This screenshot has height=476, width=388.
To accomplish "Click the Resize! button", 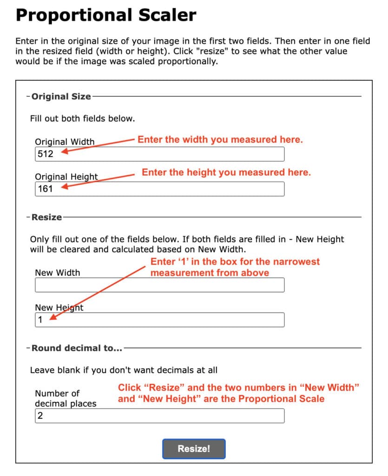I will [194, 449].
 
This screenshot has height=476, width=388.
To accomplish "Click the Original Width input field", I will [159, 154].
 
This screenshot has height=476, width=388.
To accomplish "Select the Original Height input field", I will [159, 189].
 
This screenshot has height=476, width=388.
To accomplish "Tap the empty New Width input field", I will [159, 285].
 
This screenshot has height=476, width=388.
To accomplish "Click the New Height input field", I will [159, 320].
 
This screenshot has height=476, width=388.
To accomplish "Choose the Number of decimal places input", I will [159, 416].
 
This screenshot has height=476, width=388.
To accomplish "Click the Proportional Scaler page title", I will [106, 16].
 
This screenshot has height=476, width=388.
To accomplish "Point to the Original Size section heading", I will [61, 97].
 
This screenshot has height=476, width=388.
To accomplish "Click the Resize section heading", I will [46, 217].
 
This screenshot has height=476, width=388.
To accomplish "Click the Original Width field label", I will [65, 142].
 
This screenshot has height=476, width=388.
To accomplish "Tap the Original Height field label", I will [66, 177].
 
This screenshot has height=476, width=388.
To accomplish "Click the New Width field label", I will [58, 273].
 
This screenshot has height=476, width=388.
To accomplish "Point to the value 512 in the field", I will [46, 154].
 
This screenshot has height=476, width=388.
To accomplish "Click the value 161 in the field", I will [46, 189].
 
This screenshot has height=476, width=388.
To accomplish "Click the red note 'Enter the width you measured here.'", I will [220, 139].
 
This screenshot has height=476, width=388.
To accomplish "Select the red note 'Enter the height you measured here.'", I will [226, 172].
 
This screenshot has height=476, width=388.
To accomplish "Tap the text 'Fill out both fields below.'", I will [82, 119].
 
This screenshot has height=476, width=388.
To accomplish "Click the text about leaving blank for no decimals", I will [124, 370].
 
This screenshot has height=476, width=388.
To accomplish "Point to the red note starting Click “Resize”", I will [239, 393].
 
